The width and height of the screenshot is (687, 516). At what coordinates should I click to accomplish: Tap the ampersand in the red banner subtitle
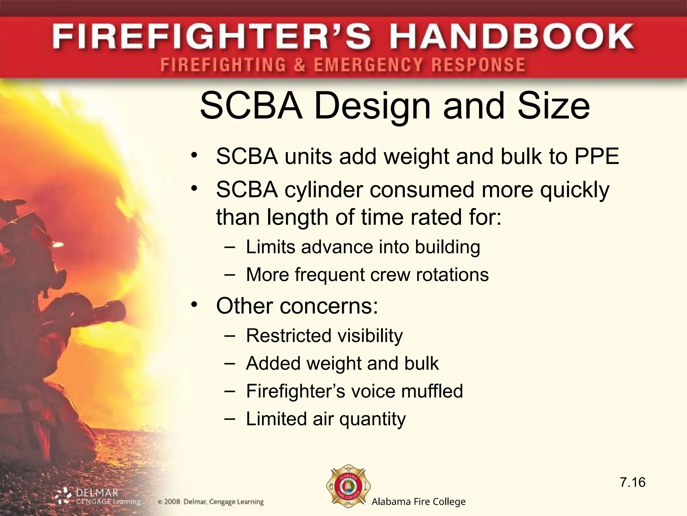coord(300,65)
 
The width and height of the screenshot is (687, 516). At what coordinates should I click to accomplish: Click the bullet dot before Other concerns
coord(194,304)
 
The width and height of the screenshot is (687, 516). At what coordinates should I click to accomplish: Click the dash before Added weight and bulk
coord(229,363)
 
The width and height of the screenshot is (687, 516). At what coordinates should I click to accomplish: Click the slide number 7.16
coord(633,482)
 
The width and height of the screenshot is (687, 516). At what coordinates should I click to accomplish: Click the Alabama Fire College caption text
coord(418,502)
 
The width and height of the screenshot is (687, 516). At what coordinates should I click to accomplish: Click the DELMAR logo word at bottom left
coord(97,493)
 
